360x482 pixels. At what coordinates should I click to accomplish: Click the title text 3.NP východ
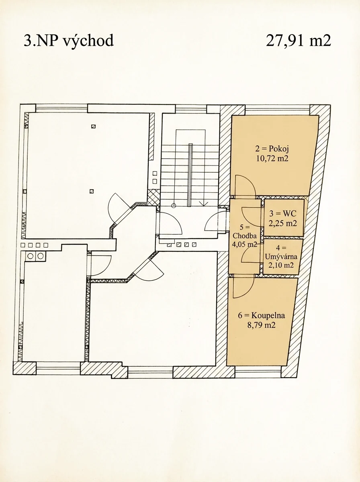click(69, 41)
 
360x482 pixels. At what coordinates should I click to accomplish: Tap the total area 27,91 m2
click(299, 41)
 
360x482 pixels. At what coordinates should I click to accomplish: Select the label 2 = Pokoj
click(272, 149)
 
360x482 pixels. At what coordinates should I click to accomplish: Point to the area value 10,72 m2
click(272, 158)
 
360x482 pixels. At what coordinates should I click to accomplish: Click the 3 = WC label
click(283, 213)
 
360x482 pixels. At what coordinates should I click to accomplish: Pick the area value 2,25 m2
click(283, 223)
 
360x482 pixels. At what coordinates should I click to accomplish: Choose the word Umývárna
click(281, 257)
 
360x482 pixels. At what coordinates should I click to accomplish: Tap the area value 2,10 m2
click(281, 265)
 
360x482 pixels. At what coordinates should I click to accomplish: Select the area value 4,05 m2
click(245, 244)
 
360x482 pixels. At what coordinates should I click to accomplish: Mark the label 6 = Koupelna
click(262, 315)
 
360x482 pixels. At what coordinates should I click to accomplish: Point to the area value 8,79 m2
click(262, 325)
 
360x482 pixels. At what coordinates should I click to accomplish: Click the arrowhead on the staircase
click(204, 204)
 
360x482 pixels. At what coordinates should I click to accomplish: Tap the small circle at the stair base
click(174, 206)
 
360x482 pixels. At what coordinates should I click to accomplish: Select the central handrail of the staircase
click(190, 175)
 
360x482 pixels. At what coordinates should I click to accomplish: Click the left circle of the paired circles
click(30, 256)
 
